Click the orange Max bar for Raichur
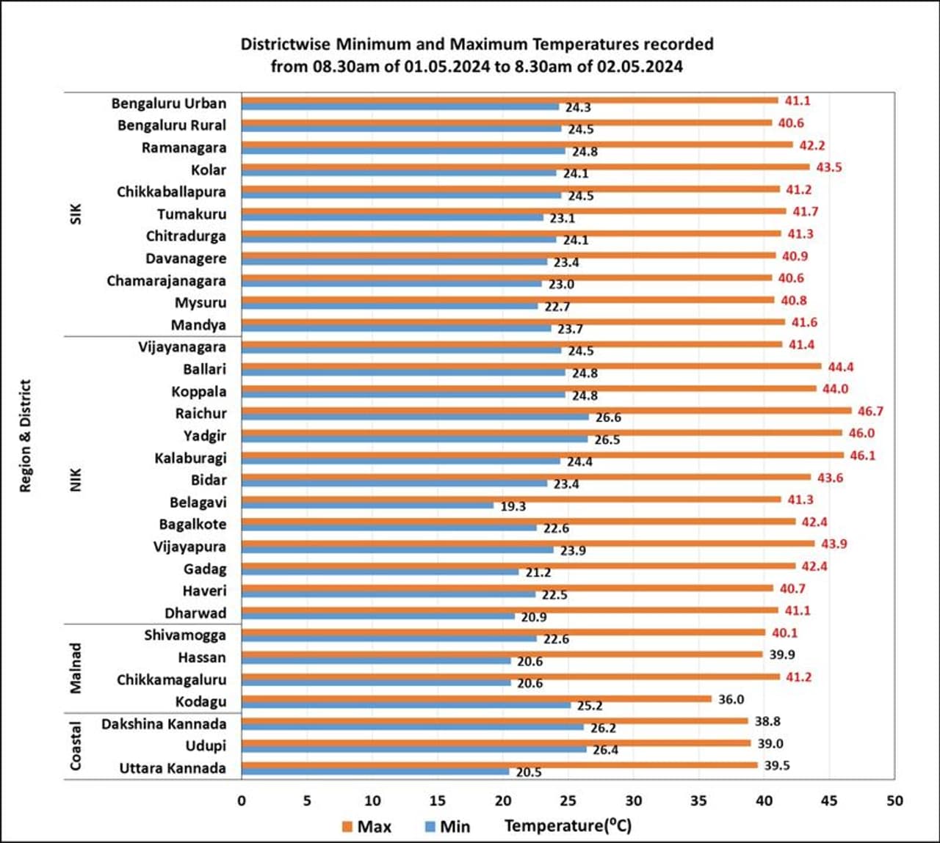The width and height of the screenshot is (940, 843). point(546,411)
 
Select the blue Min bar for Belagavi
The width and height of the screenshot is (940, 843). point(367,506)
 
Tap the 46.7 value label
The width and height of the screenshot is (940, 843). point(870,411)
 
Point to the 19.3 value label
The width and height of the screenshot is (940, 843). point(513,506)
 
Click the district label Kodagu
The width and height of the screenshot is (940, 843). point(200,701)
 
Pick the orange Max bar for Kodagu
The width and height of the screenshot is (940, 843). point(477,698)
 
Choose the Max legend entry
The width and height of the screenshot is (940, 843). point(366,826)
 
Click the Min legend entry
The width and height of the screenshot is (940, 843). point(447,826)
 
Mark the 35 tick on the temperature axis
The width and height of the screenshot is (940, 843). point(698,800)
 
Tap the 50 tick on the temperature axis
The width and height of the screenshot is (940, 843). point(894,800)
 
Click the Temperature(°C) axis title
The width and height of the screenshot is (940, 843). point(568,825)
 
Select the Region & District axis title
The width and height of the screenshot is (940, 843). point(26,436)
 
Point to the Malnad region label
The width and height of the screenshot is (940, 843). point(75,668)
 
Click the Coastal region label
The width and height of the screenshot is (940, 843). point(75,746)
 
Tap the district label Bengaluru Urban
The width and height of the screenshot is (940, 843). point(169,103)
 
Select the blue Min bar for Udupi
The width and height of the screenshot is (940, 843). point(413,749)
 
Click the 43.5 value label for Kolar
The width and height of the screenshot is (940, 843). point(829,167)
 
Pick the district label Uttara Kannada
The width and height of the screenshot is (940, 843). point(173,768)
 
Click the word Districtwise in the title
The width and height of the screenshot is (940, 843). point(286,44)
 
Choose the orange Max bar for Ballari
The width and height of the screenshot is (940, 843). point(531,366)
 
